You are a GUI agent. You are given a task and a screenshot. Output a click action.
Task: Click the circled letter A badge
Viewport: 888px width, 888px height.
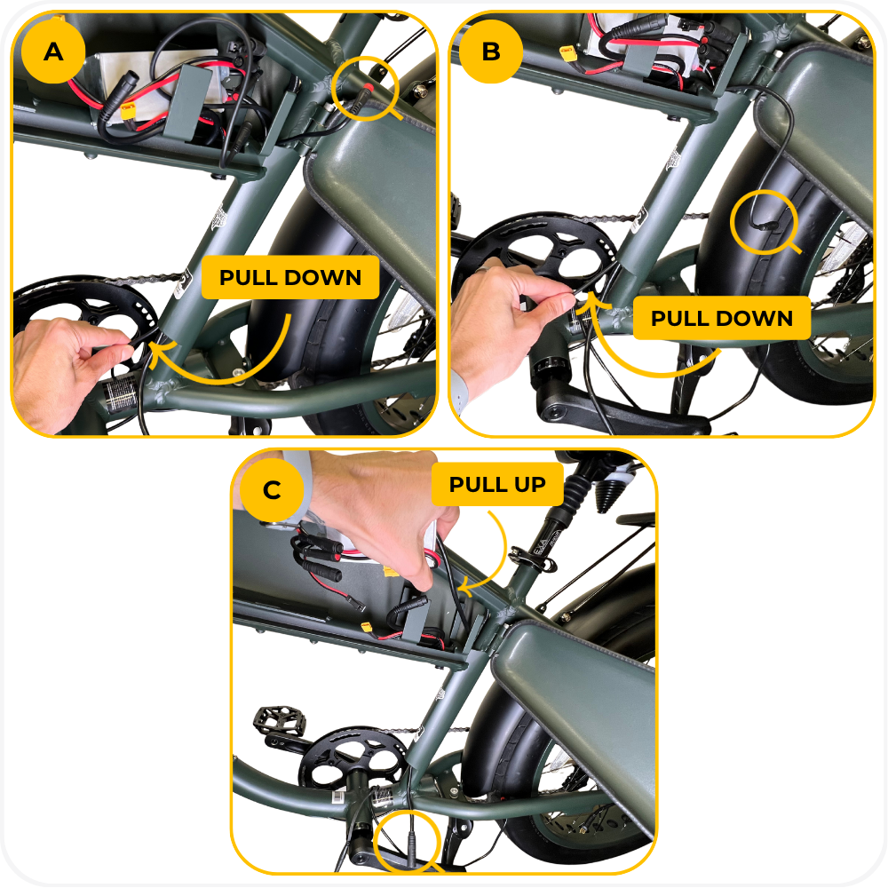[x=53, y=52]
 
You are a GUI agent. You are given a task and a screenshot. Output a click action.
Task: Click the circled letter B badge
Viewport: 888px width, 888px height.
[x=490, y=52]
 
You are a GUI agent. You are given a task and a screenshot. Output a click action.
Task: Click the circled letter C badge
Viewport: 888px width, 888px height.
[x=272, y=489]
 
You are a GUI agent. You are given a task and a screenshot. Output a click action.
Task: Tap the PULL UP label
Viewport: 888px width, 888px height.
[x=497, y=484]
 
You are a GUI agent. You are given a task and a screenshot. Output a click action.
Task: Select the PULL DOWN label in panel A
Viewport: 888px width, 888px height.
[x=290, y=277]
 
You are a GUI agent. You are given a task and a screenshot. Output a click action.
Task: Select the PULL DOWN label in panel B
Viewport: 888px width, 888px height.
[x=721, y=318]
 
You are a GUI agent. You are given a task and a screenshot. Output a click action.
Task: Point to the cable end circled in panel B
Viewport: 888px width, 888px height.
[x=765, y=226]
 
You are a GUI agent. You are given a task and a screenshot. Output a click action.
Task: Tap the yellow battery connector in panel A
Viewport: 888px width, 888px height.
[x=129, y=111]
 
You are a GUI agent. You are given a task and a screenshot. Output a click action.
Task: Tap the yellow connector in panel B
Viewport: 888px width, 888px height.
[x=567, y=54]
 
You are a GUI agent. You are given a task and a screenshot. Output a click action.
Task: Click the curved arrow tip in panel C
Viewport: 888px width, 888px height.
[x=461, y=589]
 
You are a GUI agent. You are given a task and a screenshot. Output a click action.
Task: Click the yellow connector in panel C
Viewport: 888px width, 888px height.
[x=367, y=627]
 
